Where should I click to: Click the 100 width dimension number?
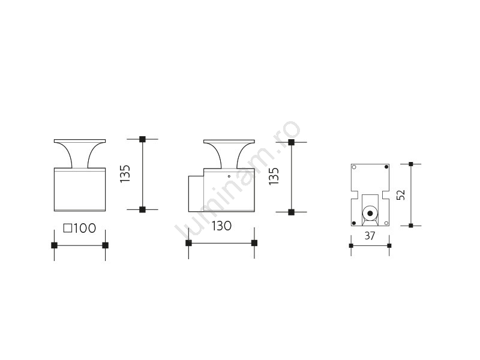pos(85,229)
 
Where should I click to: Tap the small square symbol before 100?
pos(68,229)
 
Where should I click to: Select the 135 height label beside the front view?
pos(125,174)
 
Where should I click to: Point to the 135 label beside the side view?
pos(274,176)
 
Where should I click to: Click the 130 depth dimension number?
pos(221,226)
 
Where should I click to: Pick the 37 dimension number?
pos(370,236)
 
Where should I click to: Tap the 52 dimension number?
pos(401,195)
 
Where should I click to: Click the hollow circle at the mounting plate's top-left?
pos(354,167)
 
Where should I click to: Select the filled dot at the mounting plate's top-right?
pos(386,167)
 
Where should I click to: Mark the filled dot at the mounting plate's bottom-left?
pos(354,223)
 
